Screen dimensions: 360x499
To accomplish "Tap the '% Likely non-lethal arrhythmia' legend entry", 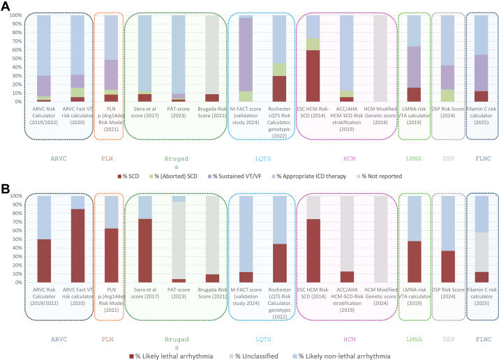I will pyautogui.click(x=339, y=356).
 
